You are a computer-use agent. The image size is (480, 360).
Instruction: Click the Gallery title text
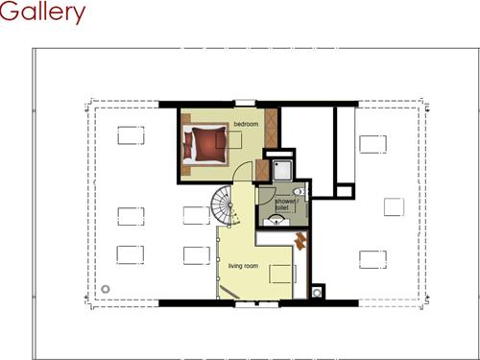click(x=43, y=13)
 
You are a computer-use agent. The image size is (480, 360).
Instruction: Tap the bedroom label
click(x=247, y=125)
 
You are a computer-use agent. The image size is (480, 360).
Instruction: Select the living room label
click(x=244, y=265)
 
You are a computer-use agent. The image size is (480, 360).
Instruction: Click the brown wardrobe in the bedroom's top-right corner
click(x=271, y=123)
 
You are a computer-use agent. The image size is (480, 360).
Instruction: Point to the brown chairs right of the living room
click(x=300, y=239)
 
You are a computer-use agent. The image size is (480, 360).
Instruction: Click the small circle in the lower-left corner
click(x=106, y=289)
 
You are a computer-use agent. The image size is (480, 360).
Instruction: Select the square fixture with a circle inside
click(x=318, y=292)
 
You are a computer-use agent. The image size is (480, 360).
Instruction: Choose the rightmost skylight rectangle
click(x=393, y=206)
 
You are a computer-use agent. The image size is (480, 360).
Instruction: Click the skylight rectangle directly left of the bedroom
click(x=132, y=136)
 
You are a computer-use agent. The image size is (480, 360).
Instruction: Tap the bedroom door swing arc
click(x=245, y=172)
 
